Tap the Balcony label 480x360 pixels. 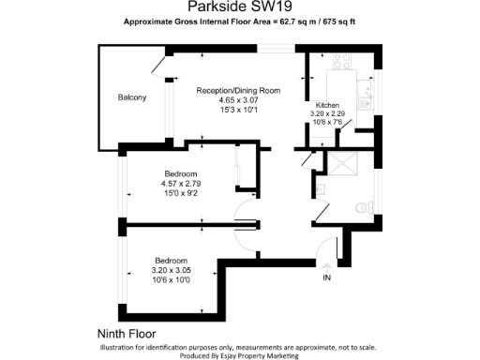(132, 98)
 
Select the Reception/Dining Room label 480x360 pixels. (238, 90)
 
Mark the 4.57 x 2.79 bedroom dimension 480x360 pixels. (181, 184)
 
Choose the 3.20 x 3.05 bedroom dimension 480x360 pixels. (171, 270)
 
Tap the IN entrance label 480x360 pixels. (327, 278)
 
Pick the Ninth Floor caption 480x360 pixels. (127, 333)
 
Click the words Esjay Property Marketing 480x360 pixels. (254, 355)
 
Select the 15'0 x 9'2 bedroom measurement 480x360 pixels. (181, 193)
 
